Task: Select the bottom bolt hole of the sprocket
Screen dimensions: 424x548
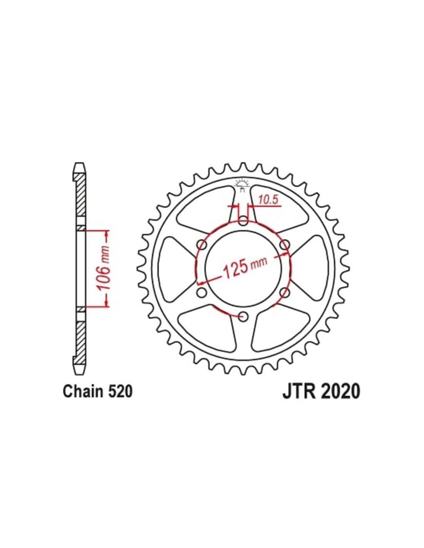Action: click(243, 316)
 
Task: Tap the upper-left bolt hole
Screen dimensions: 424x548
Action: click(202, 245)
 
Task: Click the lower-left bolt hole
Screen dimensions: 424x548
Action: click(202, 292)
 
